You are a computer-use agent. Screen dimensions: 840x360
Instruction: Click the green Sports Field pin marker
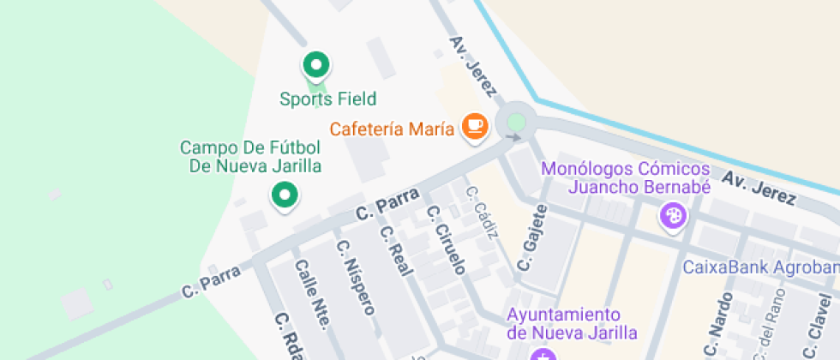point(316,64)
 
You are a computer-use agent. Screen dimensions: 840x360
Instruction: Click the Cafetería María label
point(393,129)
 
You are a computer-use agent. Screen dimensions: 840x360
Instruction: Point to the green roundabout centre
point(515,122)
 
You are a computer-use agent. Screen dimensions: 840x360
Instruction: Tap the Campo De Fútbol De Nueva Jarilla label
point(250,157)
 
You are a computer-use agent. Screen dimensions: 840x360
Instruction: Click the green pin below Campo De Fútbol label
point(285,195)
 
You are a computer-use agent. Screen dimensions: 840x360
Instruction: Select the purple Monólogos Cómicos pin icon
point(673,216)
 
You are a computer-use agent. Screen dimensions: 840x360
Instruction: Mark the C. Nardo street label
point(717,326)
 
